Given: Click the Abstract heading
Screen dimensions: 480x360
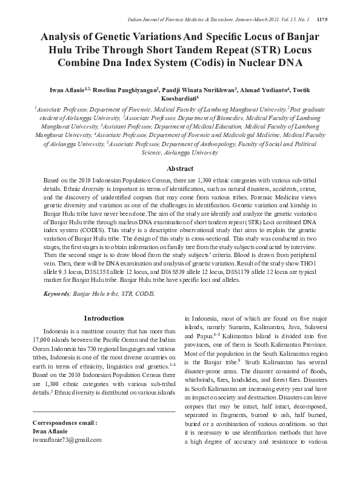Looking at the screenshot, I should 180,168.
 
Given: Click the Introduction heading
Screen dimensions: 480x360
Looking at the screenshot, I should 104,318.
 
